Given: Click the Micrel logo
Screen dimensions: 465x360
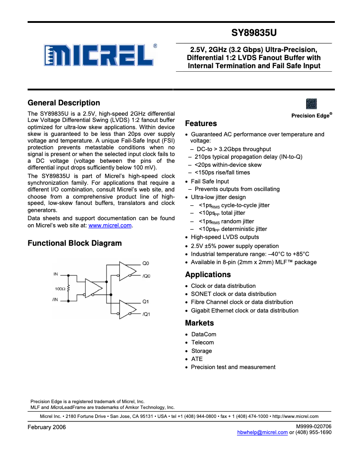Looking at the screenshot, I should point(100,56).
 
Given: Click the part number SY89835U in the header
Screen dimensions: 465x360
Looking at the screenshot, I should point(254,33).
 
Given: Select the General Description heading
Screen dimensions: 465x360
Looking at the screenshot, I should point(64,103).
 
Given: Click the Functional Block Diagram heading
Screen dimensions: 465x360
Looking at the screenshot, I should point(75,243).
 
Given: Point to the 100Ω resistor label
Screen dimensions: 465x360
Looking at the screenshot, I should point(60,289).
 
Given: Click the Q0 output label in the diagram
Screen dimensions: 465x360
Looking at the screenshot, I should point(145,263).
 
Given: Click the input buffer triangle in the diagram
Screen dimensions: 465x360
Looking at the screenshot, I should point(93,287).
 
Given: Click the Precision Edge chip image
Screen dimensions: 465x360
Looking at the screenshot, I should point(311,104).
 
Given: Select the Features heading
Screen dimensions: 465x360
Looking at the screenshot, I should point(201,124).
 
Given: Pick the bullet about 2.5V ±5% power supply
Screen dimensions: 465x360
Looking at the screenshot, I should point(234,246).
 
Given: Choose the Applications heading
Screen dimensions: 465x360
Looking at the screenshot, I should point(208,275).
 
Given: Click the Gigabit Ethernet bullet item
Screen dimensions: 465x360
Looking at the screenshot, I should point(244,310).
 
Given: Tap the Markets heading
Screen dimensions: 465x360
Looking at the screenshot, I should point(199,323).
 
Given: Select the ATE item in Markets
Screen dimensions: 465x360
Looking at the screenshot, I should point(197,359).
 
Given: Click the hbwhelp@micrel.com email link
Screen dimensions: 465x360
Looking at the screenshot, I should point(262,432).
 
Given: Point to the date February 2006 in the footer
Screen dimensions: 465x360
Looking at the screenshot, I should point(47,427).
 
